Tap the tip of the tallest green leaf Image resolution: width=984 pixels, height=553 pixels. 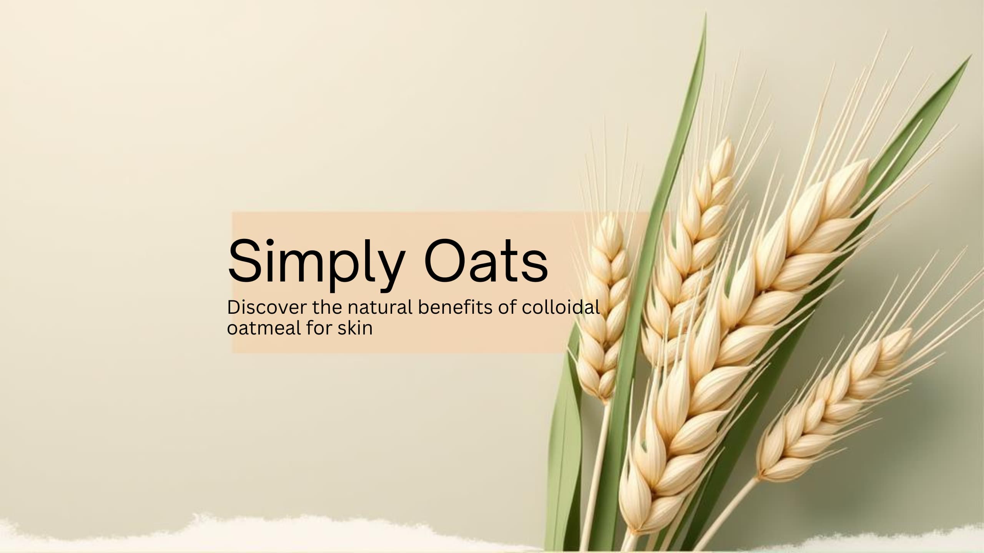tap(705, 14)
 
